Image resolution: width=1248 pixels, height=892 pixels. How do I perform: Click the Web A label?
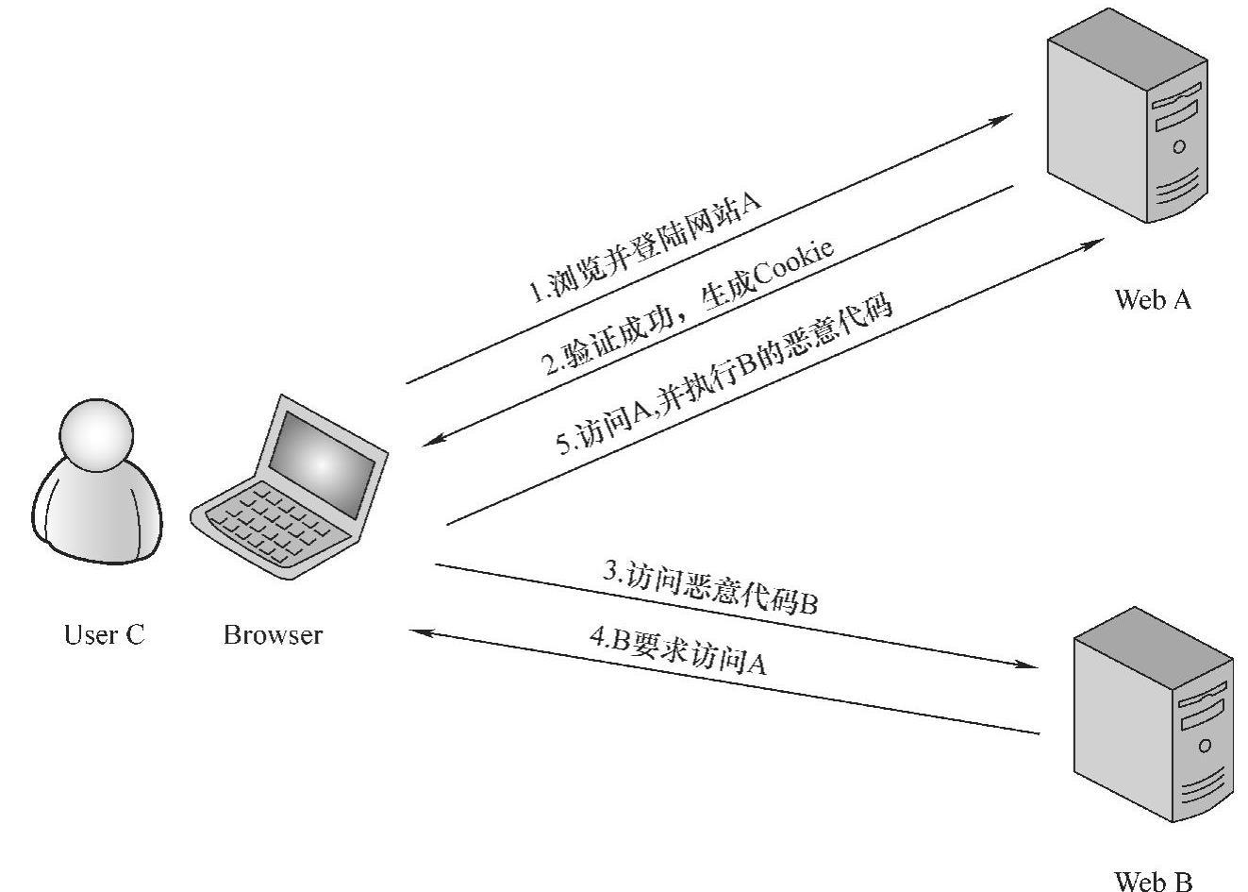tap(1152, 300)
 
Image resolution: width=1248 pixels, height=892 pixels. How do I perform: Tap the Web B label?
tap(1153, 881)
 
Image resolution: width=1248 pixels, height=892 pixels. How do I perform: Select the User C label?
tap(104, 634)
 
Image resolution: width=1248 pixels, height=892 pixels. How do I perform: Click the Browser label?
tap(273, 634)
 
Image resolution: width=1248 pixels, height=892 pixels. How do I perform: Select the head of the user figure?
tap(96, 435)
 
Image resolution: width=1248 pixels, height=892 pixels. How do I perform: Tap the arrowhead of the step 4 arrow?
tap(421, 631)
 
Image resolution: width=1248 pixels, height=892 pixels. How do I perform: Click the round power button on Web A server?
tap(1178, 146)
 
